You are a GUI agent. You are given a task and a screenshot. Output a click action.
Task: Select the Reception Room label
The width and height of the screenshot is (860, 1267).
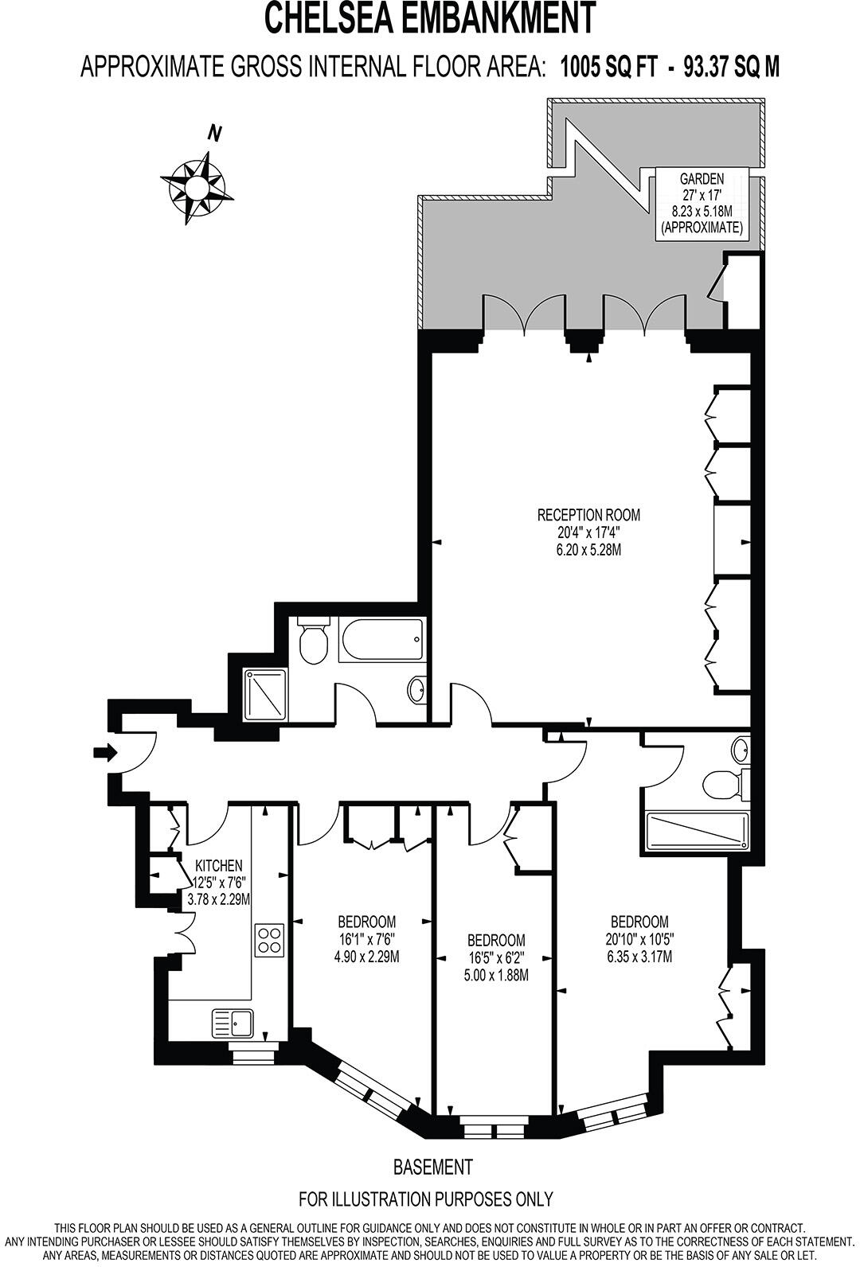(588, 515)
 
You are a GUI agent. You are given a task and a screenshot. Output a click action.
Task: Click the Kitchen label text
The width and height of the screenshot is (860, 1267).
(219, 866)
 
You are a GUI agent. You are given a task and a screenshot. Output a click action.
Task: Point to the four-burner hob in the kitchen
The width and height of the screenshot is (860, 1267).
(270, 940)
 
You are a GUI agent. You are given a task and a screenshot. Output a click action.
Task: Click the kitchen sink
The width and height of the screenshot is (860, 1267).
(233, 1022)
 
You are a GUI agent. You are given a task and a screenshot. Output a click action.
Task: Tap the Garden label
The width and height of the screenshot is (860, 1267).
(702, 179)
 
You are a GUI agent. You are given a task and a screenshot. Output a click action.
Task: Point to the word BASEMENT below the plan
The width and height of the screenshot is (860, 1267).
(432, 1167)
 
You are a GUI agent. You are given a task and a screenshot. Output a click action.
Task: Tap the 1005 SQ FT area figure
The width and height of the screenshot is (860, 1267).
(609, 68)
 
